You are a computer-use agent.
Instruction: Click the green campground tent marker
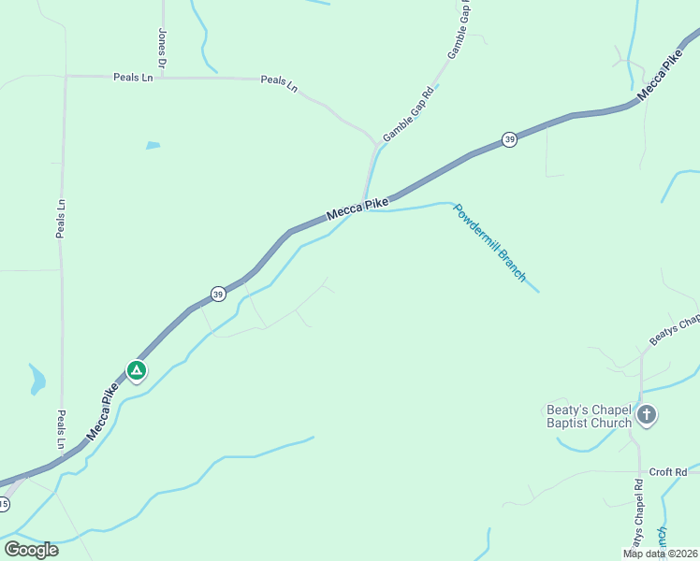click(x=137, y=370)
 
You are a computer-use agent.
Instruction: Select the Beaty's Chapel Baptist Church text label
click(x=589, y=416)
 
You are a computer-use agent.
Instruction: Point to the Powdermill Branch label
click(x=490, y=241)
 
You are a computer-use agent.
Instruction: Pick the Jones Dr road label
click(x=163, y=48)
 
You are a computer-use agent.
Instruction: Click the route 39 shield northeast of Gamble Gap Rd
click(x=508, y=139)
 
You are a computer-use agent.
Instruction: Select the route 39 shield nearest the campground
click(x=217, y=293)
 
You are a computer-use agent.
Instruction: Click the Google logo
click(x=31, y=549)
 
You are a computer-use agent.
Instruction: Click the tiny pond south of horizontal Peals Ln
click(x=153, y=145)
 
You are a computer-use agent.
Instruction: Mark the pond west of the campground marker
click(x=37, y=379)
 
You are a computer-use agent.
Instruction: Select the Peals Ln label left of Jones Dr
click(x=132, y=77)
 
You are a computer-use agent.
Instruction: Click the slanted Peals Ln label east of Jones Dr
click(x=279, y=83)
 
